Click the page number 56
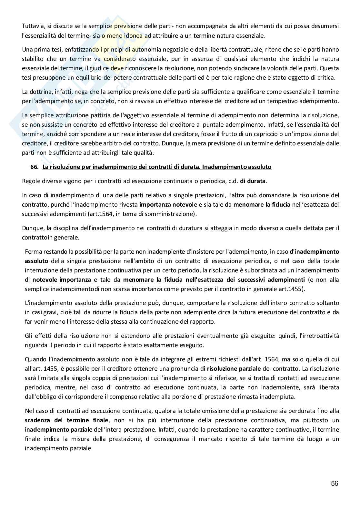335,484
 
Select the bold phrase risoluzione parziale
230,368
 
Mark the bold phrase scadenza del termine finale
66,420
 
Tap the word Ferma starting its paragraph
33,251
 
